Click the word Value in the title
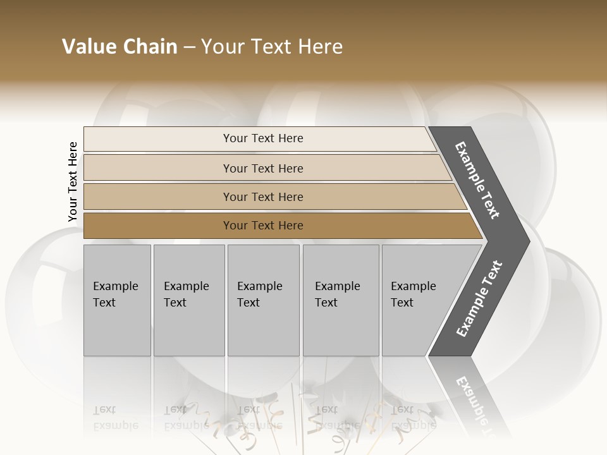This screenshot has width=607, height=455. click(89, 47)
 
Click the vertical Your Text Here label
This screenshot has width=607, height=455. click(73, 181)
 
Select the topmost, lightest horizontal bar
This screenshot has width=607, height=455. click(259, 138)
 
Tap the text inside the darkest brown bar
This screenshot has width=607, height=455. click(263, 226)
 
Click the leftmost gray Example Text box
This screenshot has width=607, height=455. click(117, 300)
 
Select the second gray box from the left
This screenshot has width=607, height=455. click(189, 300)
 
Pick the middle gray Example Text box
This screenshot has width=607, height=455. click(263, 300)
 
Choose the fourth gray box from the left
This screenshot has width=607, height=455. click(341, 300)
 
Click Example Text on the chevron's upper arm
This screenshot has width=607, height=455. click(477, 180)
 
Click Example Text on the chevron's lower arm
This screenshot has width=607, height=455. click(479, 299)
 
